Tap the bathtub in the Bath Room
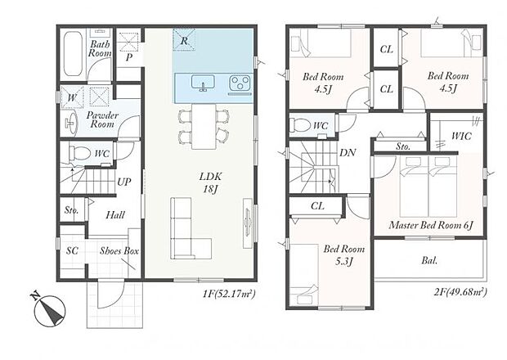click(73, 54)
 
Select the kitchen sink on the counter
click(203, 83)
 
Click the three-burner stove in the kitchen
click(240, 83)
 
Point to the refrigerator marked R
click(184, 39)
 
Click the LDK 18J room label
click(210, 182)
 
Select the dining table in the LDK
click(204, 127)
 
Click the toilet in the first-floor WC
click(79, 153)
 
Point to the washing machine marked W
click(72, 97)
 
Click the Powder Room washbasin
click(71, 123)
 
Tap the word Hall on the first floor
click(115, 214)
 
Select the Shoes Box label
click(119, 250)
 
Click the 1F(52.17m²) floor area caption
click(229, 294)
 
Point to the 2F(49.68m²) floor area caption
click(460, 292)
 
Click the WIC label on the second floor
click(461, 136)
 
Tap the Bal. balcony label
click(429, 260)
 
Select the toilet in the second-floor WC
click(300, 125)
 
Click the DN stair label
click(348, 152)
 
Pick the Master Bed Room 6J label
click(431, 225)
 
